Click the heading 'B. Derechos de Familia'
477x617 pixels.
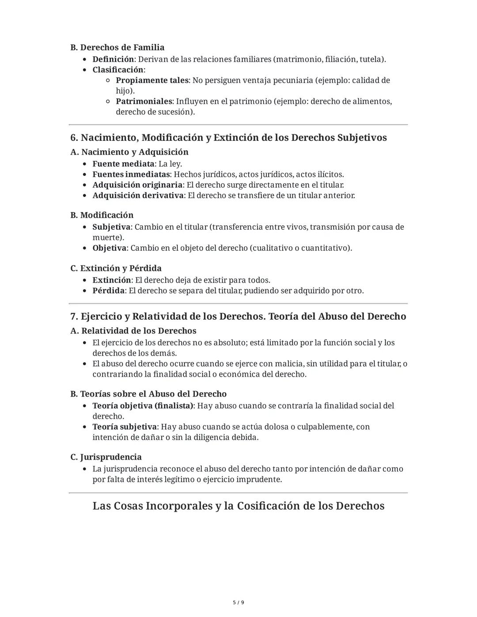[x=117, y=47]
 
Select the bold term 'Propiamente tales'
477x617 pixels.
[x=152, y=80]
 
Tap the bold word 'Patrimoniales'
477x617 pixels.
[x=144, y=102]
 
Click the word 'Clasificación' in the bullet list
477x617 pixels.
[x=117, y=70]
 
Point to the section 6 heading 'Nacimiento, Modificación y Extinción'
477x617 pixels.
[x=228, y=138]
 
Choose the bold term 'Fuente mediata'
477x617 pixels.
[x=123, y=164]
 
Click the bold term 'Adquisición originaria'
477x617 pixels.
[x=137, y=185]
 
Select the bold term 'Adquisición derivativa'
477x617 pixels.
[x=138, y=196]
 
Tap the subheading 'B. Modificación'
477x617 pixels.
[x=102, y=215]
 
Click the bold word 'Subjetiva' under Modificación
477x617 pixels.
[x=111, y=227]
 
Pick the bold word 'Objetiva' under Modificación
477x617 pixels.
[x=109, y=248]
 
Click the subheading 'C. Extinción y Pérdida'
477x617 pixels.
[x=116, y=268]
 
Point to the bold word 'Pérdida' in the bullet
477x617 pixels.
[x=108, y=291]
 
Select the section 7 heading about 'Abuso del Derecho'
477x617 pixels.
[x=238, y=317]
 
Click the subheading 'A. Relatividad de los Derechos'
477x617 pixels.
[x=133, y=331]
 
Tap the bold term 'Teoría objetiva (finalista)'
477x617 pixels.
[x=143, y=406]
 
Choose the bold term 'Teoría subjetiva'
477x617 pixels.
[x=124, y=427]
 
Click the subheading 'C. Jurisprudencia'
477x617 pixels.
[x=106, y=457]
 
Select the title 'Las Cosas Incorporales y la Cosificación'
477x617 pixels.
[x=238, y=506]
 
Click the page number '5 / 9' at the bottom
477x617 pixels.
[x=238, y=602]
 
